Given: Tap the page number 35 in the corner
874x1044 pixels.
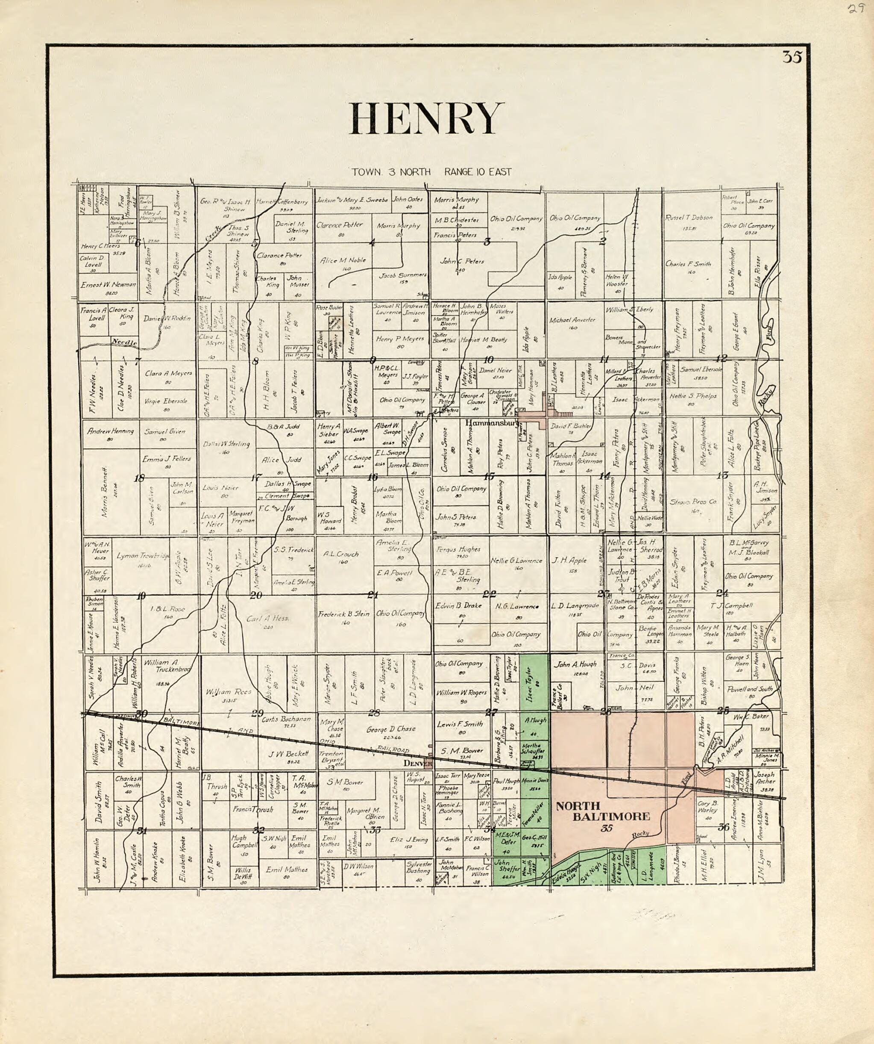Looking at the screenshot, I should [x=792, y=57].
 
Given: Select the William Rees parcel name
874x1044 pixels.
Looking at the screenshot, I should [x=229, y=692].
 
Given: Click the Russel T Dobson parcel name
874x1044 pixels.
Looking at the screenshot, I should [x=689, y=217].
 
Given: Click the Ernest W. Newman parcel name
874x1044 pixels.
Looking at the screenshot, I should [x=108, y=285].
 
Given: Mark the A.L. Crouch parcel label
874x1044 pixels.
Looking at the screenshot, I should [x=341, y=554].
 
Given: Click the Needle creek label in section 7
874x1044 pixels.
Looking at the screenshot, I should [x=124, y=342].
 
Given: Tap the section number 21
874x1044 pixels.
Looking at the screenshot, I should [x=372, y=595].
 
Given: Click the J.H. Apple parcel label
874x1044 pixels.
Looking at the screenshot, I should [x=569, y=560].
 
